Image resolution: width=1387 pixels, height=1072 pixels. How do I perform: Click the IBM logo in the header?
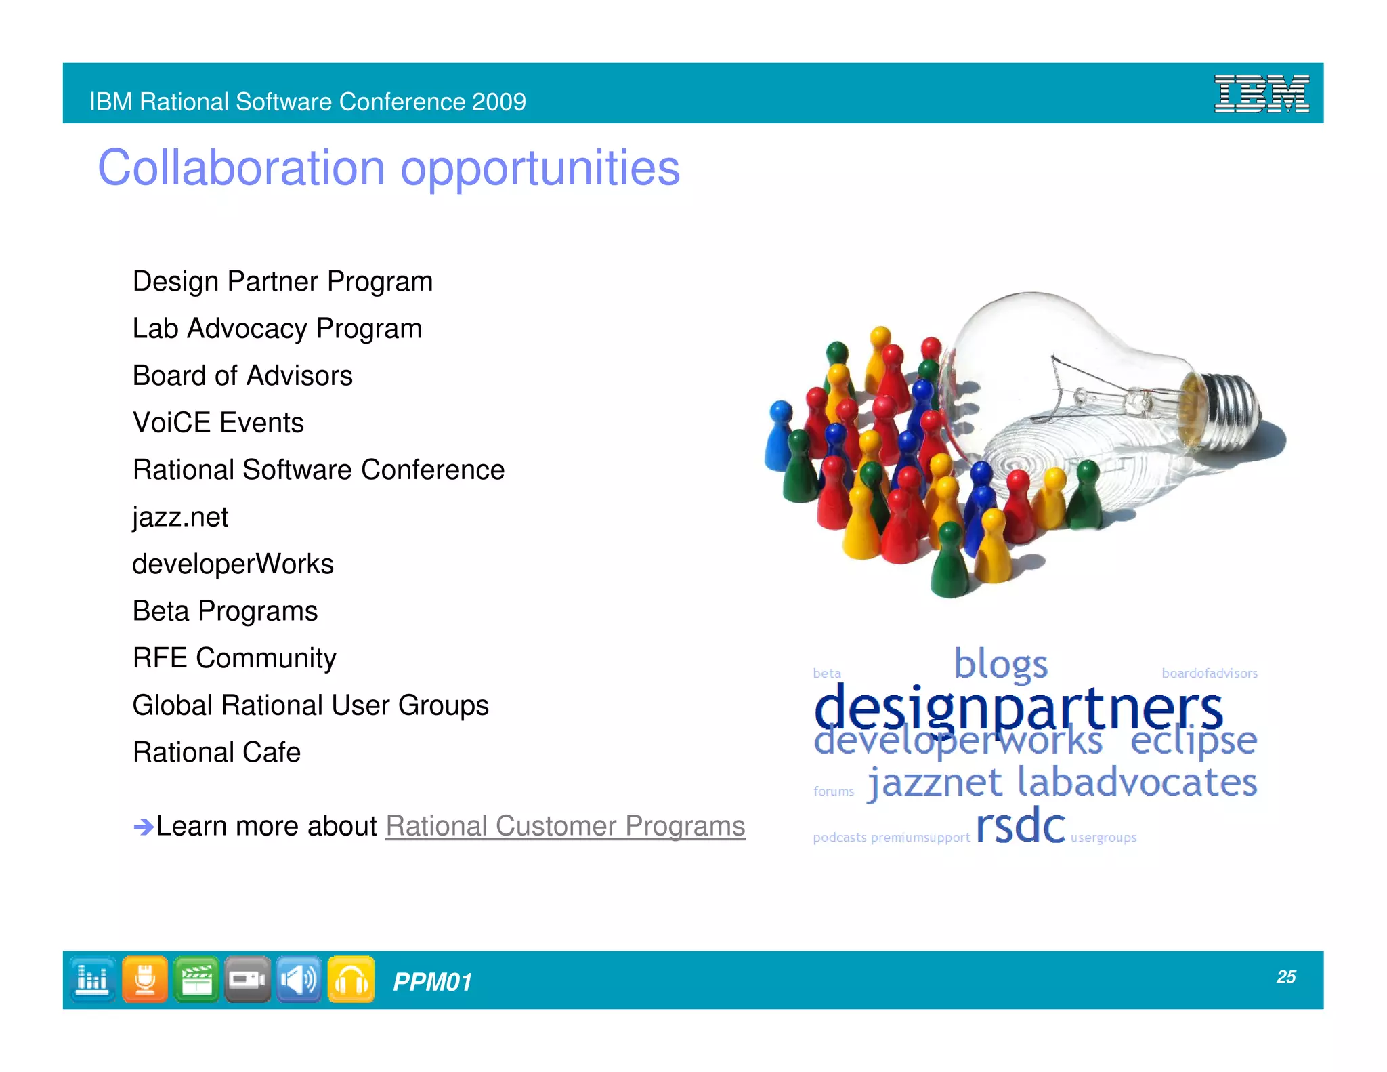(1261, 94)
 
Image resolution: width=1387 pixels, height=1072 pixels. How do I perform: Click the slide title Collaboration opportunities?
(389, 167)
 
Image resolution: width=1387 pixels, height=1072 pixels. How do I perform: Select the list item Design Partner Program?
(282, 281)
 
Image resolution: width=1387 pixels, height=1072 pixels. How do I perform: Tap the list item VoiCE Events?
(218, 423)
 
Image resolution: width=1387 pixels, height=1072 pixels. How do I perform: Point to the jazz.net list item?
(180, 517)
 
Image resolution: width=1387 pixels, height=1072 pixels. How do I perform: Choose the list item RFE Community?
(234, 658)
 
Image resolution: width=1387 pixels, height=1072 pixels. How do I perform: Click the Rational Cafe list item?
(217, 752)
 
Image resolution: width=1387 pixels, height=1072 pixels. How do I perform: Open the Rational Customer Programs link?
(565, 826)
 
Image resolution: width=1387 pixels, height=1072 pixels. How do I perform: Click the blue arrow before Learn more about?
(143, 827)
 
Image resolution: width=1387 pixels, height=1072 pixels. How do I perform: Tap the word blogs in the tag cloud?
(1000, 664)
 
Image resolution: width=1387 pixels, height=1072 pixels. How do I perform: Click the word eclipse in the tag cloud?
(1193, 741)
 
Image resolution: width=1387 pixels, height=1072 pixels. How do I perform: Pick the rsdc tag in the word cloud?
(1020, 826)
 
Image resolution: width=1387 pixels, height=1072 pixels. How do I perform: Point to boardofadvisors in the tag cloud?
(1210, 673)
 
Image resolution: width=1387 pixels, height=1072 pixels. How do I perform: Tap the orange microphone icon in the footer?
(144, 979)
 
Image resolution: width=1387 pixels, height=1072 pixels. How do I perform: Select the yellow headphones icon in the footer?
(351, 979)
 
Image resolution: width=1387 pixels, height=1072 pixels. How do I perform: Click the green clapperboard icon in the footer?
(196, 979)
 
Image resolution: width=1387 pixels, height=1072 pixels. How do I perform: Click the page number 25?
(1285, 976)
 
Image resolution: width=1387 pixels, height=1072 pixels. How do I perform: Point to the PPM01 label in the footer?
(432, 982)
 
